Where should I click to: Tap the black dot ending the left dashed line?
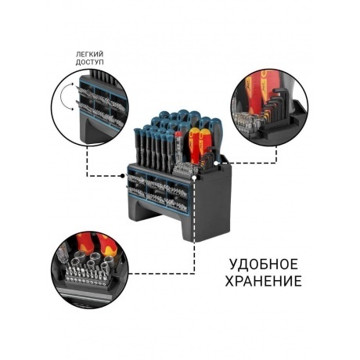click(x=124, y=175)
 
